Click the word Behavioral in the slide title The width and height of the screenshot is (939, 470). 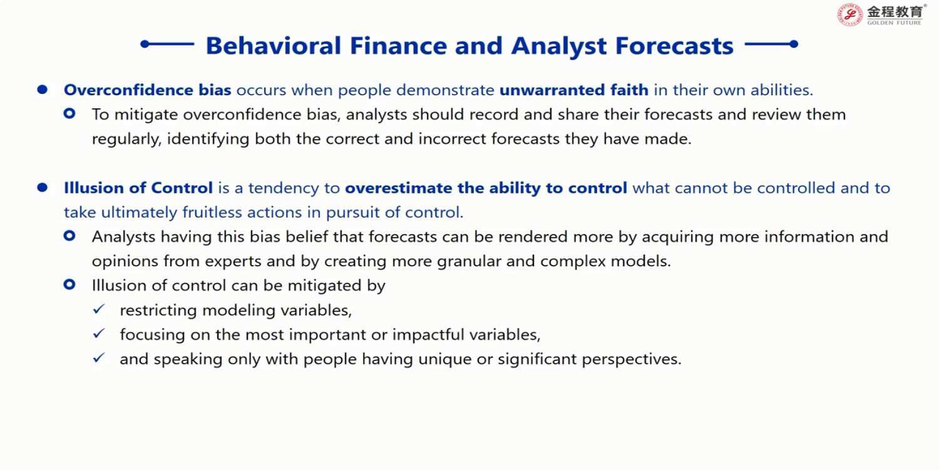(274, 45)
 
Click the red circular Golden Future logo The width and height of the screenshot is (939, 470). (849, 14)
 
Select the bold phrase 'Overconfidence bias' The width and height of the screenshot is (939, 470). (147, 90)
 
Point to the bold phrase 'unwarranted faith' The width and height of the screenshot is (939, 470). (574, 90)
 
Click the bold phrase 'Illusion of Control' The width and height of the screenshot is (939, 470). (138, 187)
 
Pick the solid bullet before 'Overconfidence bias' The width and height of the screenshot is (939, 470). (43, 90)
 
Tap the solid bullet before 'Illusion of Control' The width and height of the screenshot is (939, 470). (43, 187)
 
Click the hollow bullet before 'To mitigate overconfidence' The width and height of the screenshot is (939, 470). (69, 113)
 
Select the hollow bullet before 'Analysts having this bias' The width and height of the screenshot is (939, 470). (69, 236)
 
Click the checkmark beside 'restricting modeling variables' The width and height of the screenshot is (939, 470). (99, 310)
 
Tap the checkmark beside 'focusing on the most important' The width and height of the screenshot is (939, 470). (99, 333)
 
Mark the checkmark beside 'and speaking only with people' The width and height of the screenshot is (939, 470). (99, 358)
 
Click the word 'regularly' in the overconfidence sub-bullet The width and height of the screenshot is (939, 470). (126, 139)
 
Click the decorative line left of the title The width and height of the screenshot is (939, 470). (167, 44)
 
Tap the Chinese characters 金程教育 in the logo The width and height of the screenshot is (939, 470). (895, 12)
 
